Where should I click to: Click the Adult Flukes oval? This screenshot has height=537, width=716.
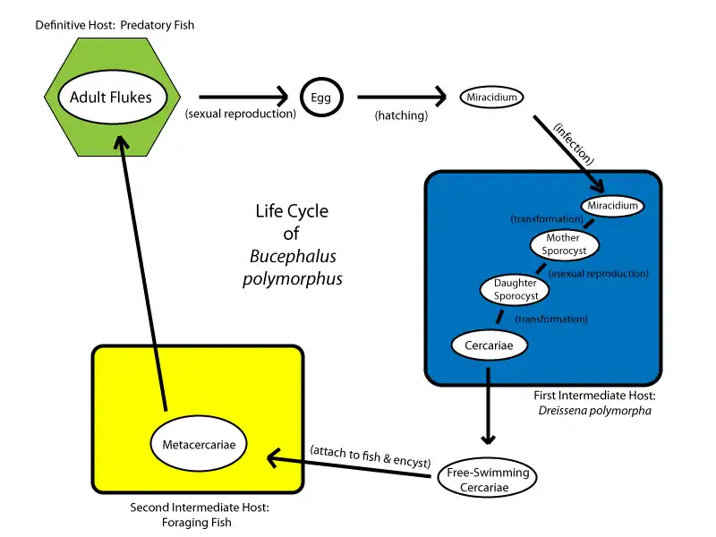pyautogui.click(x=113, y=97)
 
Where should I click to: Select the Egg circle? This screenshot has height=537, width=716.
pyautogui.click(x=320, y=97)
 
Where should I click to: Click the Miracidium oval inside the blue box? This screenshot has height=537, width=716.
pyautogui.click(x=612, y=206)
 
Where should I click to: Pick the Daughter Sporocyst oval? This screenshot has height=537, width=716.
pyautogui.click(x=516, y=289)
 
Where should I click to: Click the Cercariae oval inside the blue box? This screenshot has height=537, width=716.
pyautogui.click(x=489, y=345)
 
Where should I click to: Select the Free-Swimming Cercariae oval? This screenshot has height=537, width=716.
pyautogui.click(x=487, y=480)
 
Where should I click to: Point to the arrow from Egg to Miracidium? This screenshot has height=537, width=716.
pyautogui.click(x=401, y=97)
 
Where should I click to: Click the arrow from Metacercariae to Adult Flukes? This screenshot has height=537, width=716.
pyautogui.click(x=144, y=268)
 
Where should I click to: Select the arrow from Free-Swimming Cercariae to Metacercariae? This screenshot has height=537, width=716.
pyautogui.click(x=349, y=466)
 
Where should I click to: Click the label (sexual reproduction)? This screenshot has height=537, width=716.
pyautogui.click(x=241, y=115)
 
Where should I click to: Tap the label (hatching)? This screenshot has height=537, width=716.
pyautogui.click(x=401, y=115)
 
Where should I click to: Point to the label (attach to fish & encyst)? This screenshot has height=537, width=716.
pyautogui.click(x=369, y=452)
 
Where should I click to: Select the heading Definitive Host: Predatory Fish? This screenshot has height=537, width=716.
pyautogui.click(x=115, y=25)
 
